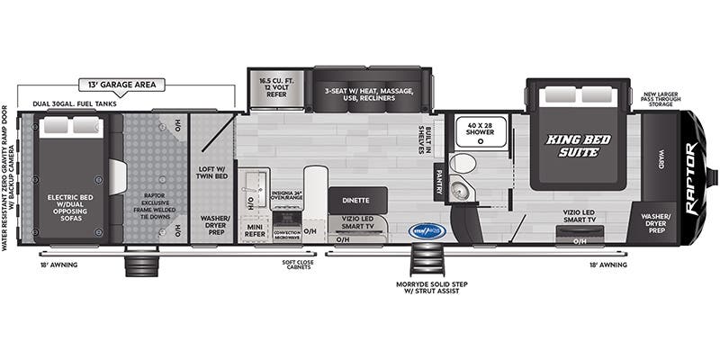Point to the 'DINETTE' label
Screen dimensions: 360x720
pos(356,200)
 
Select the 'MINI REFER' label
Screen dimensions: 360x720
pos(254,232)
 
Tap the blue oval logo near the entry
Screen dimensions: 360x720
pos(425,230)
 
